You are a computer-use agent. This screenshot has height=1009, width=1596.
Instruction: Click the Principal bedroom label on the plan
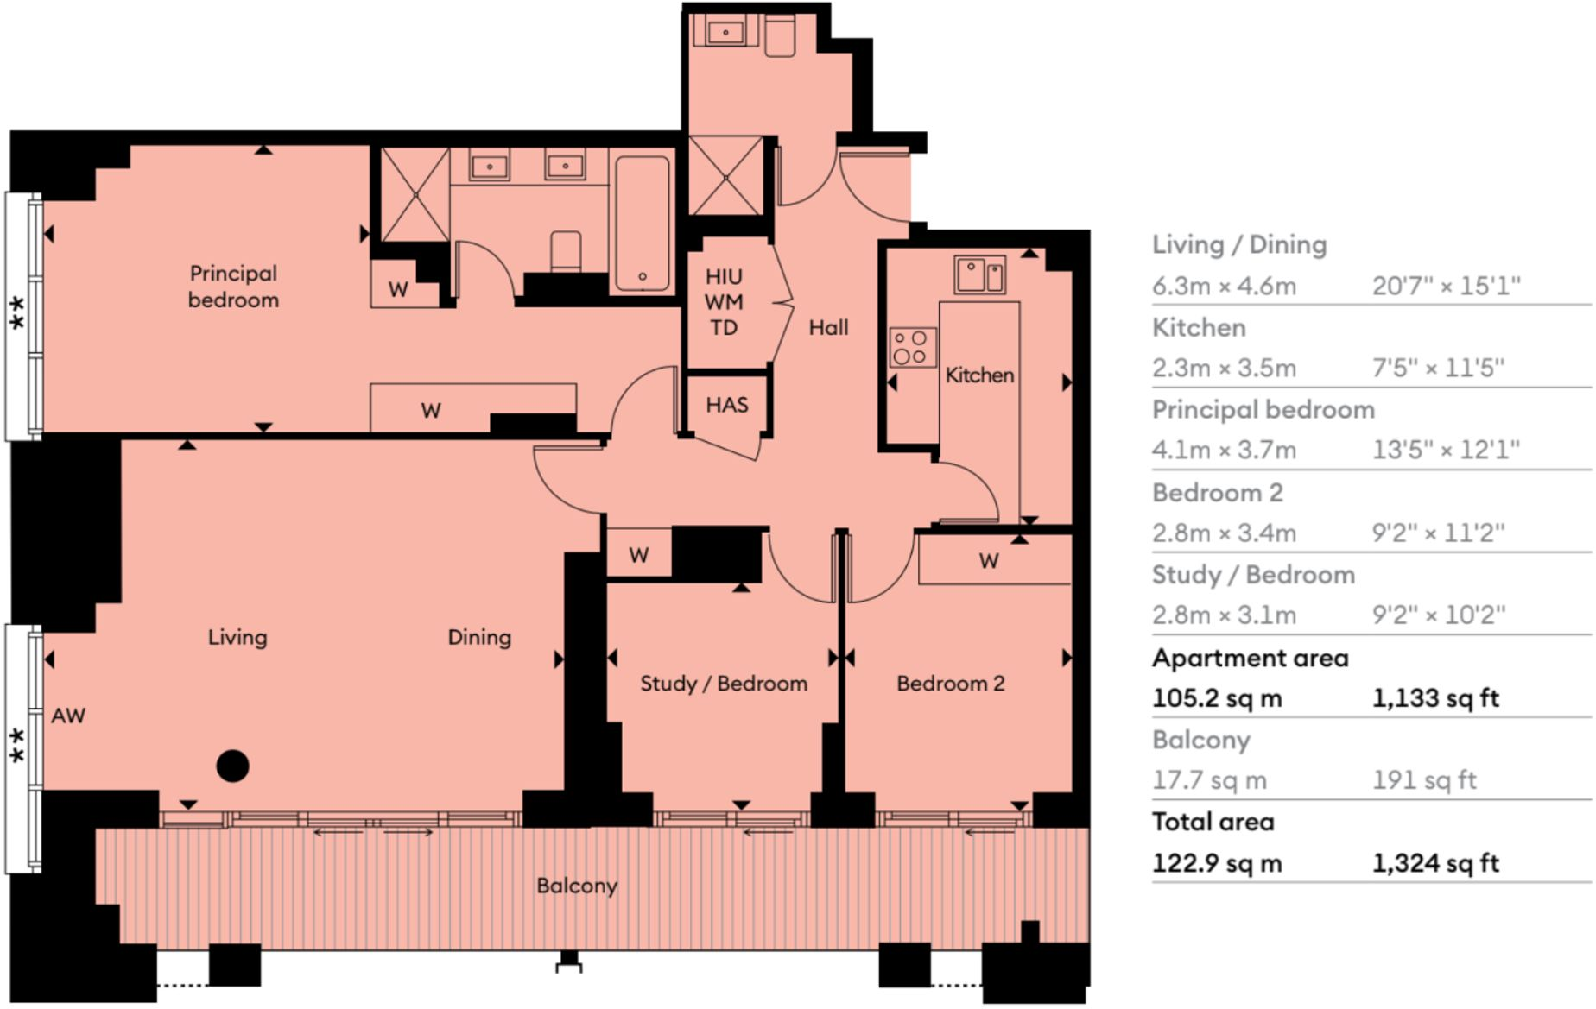(233, 287)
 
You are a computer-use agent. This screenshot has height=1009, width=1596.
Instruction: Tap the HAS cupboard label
(726, 405)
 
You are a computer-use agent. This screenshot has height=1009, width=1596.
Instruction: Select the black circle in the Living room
(232, 766)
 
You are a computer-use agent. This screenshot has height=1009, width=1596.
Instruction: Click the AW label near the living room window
(68, 716)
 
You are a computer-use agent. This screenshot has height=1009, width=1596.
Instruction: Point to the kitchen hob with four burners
(912, 347)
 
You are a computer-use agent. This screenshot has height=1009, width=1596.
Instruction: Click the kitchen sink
(978, 275)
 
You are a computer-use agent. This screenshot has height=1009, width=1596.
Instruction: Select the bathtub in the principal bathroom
(643, 224)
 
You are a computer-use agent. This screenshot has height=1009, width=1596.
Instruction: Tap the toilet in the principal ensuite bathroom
(566, 251)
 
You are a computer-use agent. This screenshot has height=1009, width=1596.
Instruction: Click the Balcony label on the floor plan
(577, 886)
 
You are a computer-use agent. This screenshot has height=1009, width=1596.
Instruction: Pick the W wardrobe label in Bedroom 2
(989, 561)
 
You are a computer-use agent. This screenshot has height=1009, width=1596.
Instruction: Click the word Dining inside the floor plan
(479, 637)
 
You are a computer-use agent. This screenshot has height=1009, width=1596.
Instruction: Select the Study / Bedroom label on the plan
(724, 684)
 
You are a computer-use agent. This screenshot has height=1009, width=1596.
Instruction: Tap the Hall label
(828, 327)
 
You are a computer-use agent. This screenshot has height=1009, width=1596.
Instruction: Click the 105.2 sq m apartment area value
(1217, 698)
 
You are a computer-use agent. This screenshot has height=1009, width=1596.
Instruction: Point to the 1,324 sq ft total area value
(1435, 863)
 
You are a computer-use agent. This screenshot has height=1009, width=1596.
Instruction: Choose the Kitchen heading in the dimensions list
(1199, 328)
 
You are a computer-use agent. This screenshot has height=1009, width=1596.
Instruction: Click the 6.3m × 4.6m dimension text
(1224, 286)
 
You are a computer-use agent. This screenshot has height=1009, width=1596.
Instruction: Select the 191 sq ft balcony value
(1424, 780)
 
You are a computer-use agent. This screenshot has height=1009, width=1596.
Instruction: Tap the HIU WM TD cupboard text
(724, 302)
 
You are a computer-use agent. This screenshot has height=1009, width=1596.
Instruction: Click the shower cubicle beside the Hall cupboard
(725, 177)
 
